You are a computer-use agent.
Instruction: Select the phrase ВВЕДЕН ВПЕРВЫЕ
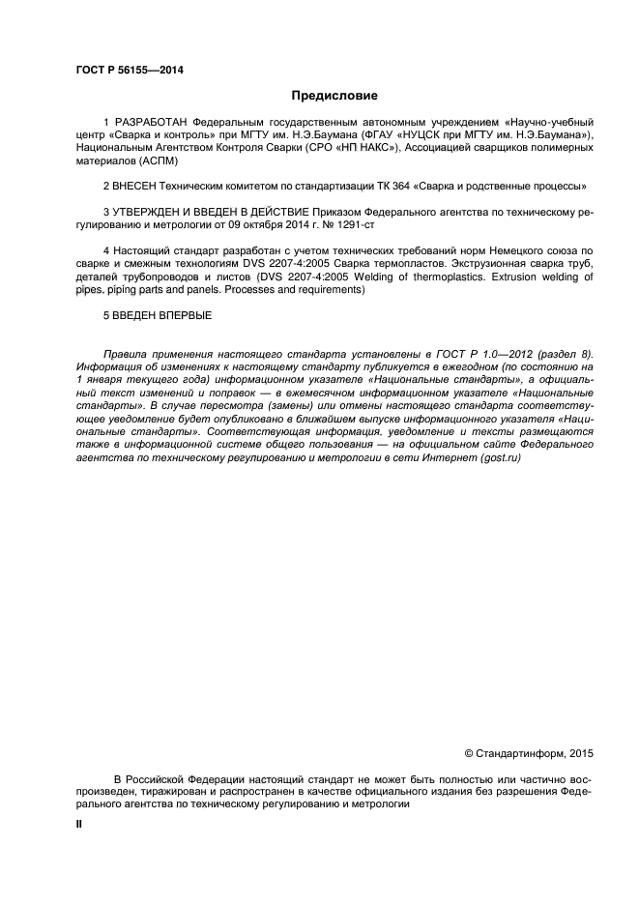tap(161, 315)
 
